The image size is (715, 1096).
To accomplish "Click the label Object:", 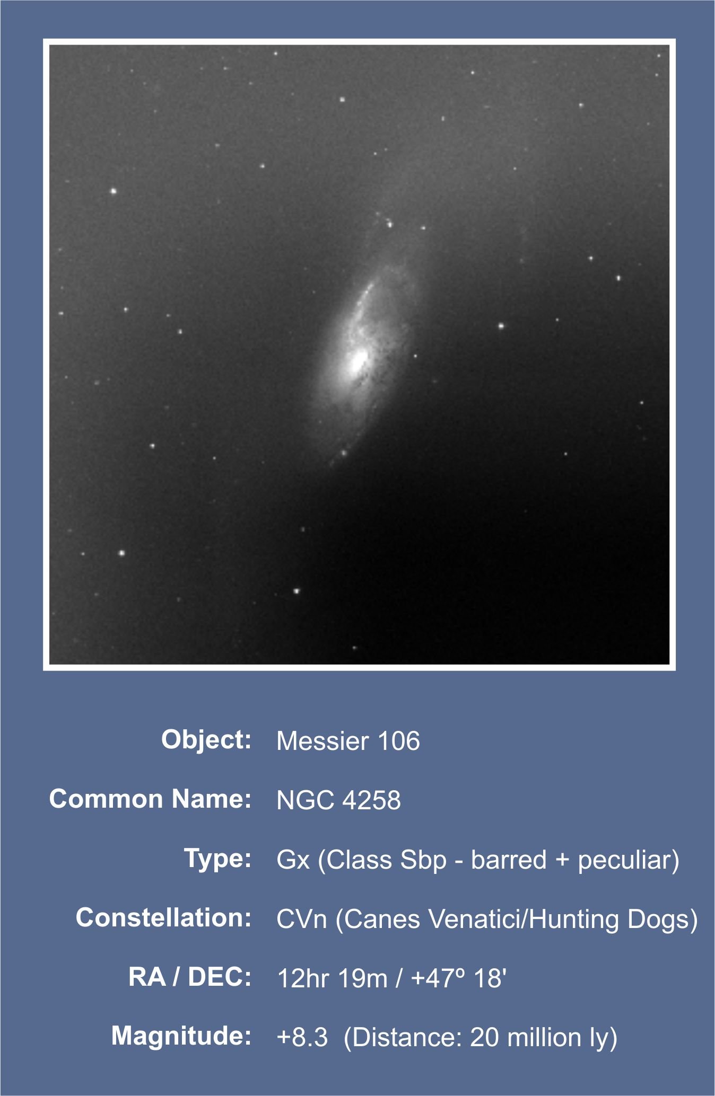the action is point(206,739).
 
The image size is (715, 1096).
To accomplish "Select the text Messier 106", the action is point(348,740).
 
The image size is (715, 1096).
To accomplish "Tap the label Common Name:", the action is point(150,799).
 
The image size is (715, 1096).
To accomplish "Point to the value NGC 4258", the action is point(338,800).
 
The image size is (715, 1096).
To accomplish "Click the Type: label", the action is point(217,858).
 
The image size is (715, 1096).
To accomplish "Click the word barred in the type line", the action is point(509,859).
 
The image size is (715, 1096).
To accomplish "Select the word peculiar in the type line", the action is point(624,860).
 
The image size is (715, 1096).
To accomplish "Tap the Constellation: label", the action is point(163,917).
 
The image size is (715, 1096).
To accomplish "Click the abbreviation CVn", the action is point(301,918).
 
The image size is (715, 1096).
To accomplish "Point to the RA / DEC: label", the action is point(190,977).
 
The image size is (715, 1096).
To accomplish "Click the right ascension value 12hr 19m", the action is point(333,978).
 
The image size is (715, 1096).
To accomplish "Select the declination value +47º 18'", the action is point(459,978).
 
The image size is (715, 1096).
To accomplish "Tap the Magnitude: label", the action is point(181,1036).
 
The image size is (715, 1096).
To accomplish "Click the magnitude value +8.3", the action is point(302,1037).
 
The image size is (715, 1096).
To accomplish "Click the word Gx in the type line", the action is point(293,859).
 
